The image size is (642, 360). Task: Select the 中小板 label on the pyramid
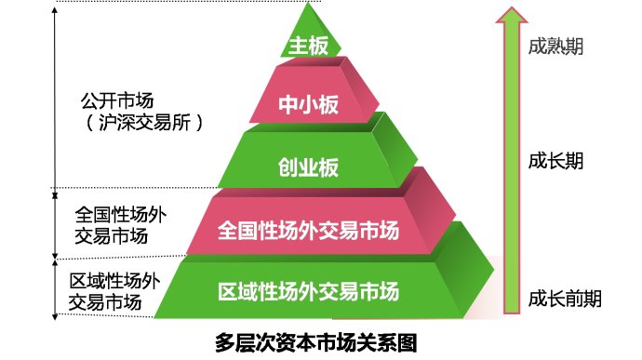pyautogui.click(x=309, y=104)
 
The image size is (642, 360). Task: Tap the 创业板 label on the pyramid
pyautogui.click(x=308, y=167)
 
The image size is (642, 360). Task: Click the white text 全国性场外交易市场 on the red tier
pyautogui.click(x=307, y=229)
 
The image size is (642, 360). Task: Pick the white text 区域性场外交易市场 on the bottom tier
pyautogui.click(x=308, y=291)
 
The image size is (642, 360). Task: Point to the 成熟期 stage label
pyautogui.click(x=555, y=46)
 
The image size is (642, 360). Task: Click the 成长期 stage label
pyautogui.click(x=555, y=160)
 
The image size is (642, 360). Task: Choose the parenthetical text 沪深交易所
pyautogui.click(x=140, y=122)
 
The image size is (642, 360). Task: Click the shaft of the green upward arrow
pyautogui.click(x=508, y=186)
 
